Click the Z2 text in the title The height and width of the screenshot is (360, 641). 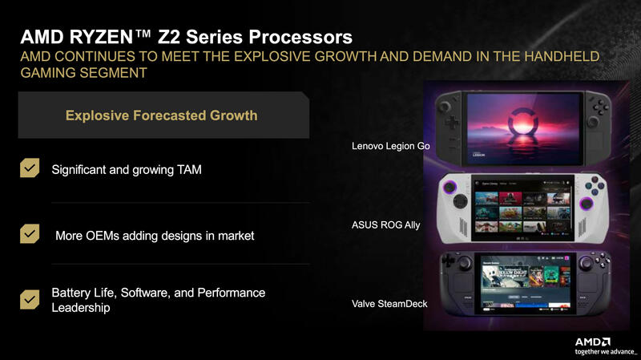178,37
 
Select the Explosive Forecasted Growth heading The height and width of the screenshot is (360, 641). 161,115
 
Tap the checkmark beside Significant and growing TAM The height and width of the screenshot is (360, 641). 30,168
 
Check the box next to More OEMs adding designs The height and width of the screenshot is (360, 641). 30,234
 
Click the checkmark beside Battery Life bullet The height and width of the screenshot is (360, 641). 30,299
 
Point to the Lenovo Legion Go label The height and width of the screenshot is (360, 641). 391,147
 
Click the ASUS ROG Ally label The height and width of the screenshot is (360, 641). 386,225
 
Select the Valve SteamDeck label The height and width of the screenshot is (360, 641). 390,304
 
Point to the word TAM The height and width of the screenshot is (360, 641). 187,170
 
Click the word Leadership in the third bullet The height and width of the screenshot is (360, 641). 81,308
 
